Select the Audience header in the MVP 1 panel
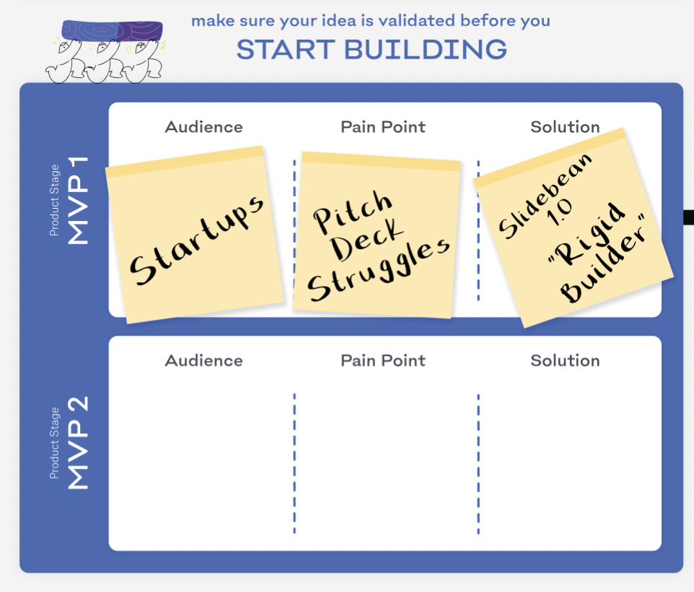(203, 127)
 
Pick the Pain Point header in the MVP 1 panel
(383, 127)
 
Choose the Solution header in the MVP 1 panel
(565, 127)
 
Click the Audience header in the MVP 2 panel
(203, 360)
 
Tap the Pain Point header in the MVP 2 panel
(383, 360)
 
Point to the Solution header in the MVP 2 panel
(565, 360)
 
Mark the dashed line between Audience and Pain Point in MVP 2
(294, 462)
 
